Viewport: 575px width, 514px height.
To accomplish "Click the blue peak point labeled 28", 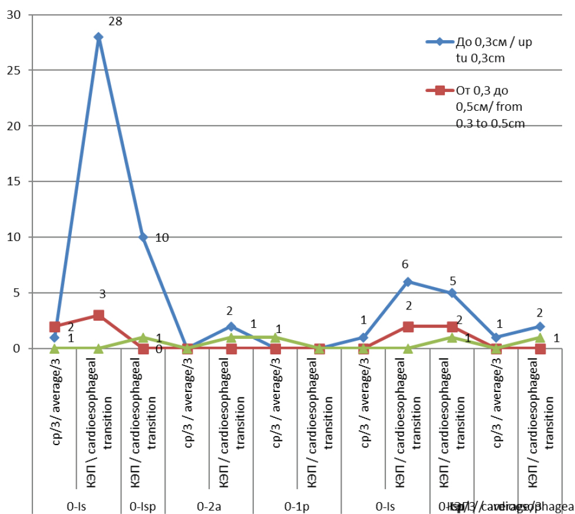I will pyautogui.click(x=98, y=37).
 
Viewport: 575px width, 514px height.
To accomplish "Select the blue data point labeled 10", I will pyautogui.click(x=143, y=237).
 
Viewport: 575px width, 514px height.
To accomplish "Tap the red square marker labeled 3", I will pyautogui.click(x=98, y=315).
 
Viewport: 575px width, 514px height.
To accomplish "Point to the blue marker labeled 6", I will pyautogui.click(x=408, y=282).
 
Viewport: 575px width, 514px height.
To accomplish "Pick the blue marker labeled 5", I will pyautogui.click(x=452, y=293).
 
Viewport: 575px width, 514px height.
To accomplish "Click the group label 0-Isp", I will pyautogui.click(x=143, y=506).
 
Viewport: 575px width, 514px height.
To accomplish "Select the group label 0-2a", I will pyautogui.click(x=209, y=506).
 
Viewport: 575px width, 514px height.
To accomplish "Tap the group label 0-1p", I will pyautogui.click(x=297, y=506).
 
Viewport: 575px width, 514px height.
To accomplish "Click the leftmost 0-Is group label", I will pyautogui.click(x=77, y=506).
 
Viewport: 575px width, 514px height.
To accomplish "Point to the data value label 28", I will pyautogui.click(x=115, y=22).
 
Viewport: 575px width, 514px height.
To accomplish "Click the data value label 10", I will pyautogui.click(x=163, y=238).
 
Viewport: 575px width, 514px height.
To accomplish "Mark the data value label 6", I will pyautogui.click(x=405, y=265).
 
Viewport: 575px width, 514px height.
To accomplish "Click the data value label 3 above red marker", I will pyautogui.click(x=102, y=294).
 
